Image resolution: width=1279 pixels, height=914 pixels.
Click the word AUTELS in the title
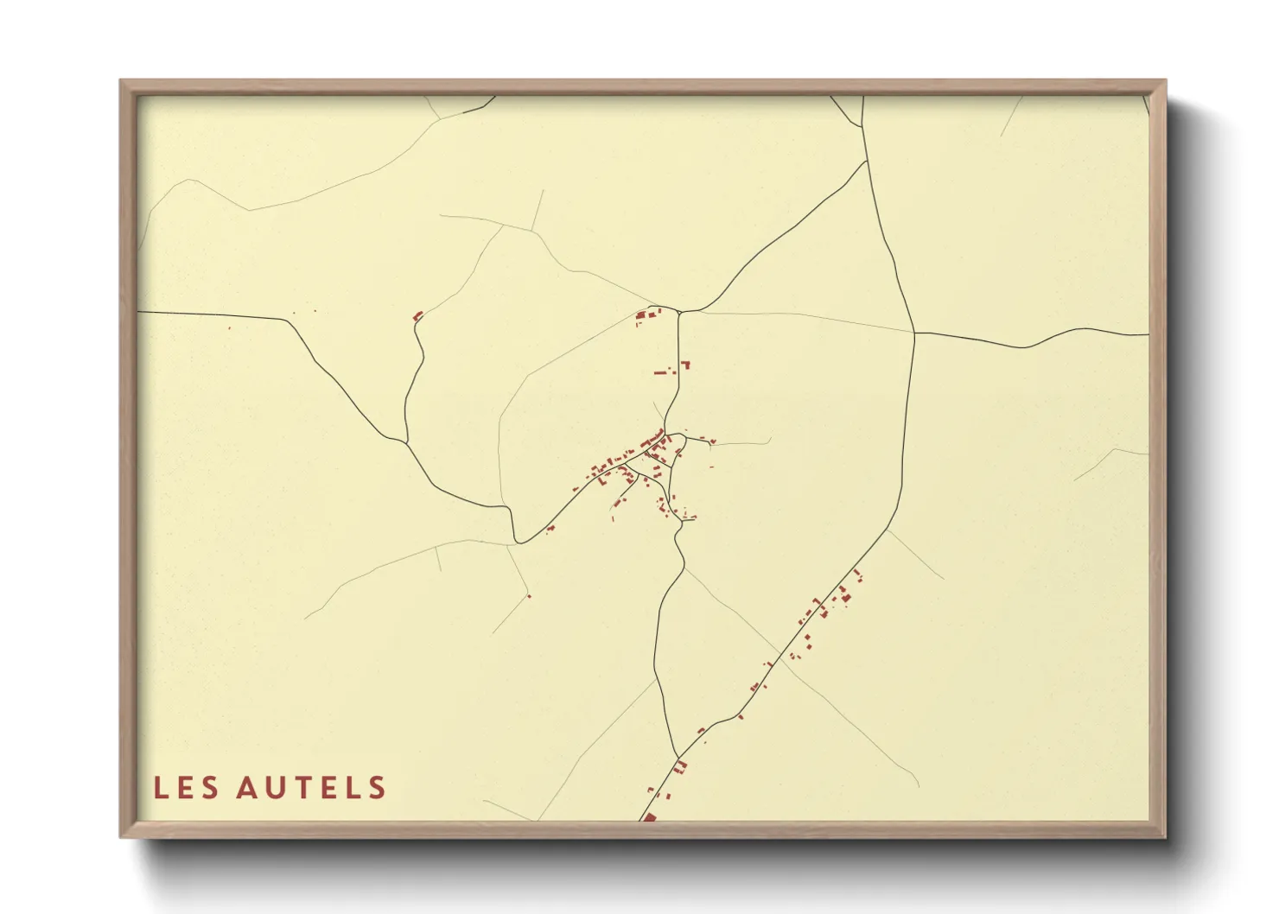click(x=311, y=788)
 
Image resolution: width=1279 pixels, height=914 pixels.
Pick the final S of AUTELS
click(x=377, y=788)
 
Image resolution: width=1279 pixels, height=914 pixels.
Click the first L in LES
click(x=161, y=788)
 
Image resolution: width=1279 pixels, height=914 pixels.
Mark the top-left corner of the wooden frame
click(x=121, y=81)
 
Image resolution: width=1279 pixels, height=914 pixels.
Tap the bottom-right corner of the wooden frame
click(x=1165, y=836)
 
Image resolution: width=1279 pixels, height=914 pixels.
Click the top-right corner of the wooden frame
click(x=1165, y=81)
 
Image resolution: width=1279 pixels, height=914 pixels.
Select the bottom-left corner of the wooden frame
click(x=121, y=836)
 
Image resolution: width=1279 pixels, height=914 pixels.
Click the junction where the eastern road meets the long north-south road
click(x=914, y=333)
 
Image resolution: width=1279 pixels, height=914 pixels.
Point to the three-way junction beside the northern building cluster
click(x=679, y=312)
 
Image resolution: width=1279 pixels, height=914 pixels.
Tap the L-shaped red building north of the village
click(x=686, y=365)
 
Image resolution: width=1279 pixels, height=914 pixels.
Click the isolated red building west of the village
click(x=418, y=316)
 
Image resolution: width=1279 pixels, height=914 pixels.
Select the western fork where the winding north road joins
click(x=406, y=442)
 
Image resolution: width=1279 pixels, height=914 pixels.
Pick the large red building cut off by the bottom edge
click(x=650, y=816)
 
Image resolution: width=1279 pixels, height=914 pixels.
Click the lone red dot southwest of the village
click(x=529, y=596)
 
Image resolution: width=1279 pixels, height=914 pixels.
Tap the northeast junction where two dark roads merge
click(x=866, y=161)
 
